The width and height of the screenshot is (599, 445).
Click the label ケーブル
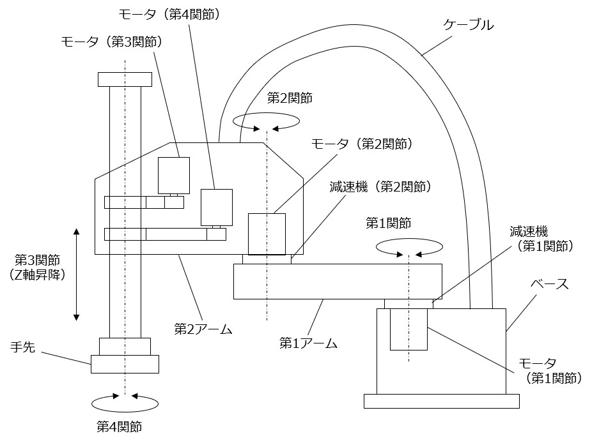(469, 26)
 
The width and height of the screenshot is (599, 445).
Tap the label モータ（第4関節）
(169, 13)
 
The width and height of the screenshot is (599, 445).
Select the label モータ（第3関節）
(111, 42)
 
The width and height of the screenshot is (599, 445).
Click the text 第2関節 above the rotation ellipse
(290, 98)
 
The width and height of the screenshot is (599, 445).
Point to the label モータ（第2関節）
(362, 144)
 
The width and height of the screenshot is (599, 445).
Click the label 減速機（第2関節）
(380, 187)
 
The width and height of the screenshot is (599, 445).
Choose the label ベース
(550, 284)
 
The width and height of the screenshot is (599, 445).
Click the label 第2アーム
(203, 329)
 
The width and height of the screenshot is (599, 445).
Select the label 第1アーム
(308, 343)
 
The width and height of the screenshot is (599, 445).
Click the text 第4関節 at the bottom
(119, 426)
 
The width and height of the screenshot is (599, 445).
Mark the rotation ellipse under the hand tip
(125, 402)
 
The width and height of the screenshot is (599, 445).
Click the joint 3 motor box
(174, 175)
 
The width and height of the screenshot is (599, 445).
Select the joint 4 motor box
(216, 207)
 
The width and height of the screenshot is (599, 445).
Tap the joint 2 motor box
(267, 234)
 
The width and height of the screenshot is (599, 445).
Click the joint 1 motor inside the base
(408, 329)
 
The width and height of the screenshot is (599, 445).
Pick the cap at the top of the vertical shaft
(125, 79)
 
